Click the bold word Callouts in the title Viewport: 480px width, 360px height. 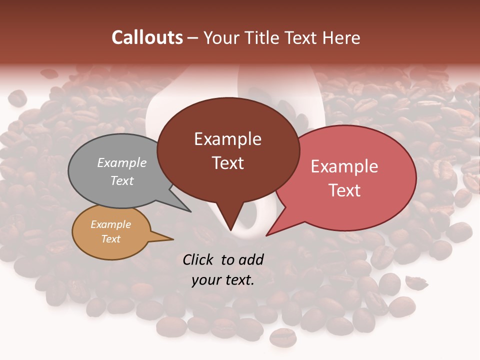click(x=147, y=37)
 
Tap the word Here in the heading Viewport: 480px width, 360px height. click(x=341, y=37)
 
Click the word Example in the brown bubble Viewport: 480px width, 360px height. click(x=227, y=139)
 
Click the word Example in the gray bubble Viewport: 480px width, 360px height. click(x=121, y=162)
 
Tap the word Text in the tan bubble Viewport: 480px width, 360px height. click(x=110, y=239)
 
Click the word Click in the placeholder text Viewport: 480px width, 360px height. click(x=198, y=259)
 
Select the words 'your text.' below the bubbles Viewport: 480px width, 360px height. click(x=222, y=280)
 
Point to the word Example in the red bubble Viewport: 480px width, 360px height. click(x=344, y=166)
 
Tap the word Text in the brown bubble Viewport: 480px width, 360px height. click(x=227, y=163)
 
